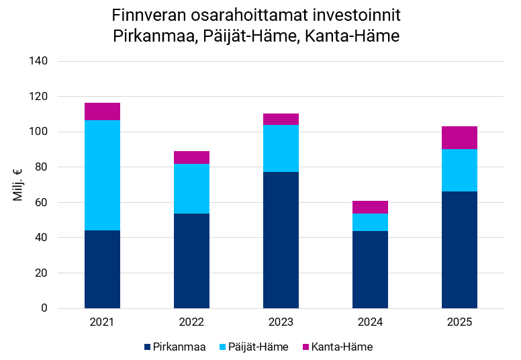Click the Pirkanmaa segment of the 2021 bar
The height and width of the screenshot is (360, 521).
coord(102,269)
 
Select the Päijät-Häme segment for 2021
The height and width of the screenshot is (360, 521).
coord(102,175)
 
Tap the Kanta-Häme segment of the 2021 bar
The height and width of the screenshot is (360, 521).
coord(102,111)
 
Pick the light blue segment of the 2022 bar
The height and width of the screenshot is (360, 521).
coord(191,189)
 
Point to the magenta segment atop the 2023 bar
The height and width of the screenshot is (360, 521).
coord(281,120)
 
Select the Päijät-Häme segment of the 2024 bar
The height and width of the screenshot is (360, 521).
coord(370,222)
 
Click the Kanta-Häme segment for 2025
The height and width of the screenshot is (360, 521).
coord(459,138)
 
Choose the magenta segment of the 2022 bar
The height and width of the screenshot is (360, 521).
coord(191,158)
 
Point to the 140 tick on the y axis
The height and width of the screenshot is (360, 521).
coord(38,61)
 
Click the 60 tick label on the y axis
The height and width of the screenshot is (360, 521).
coord(41,202)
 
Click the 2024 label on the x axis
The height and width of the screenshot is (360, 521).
coord(370,322)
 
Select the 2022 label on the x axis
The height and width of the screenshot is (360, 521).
coord(191,322)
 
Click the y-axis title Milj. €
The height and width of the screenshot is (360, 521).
coord(18,185)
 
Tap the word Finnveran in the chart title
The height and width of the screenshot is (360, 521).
coord(144,15)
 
